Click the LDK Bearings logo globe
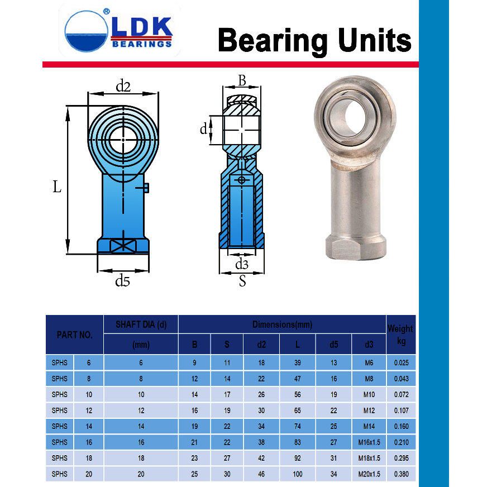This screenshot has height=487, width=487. click(87, 31)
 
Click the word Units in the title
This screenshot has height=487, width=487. click(375, 40)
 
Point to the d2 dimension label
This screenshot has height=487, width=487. click(123, 87)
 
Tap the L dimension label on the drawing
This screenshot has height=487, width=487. click(57, 187)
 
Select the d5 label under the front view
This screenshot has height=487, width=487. click(122, 281)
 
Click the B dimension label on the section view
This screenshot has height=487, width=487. click(242, 80)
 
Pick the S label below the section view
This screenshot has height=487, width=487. click(242, 281)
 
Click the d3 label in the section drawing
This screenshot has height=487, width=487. click(242, 264)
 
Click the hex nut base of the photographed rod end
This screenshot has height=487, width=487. click(356, 247)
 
